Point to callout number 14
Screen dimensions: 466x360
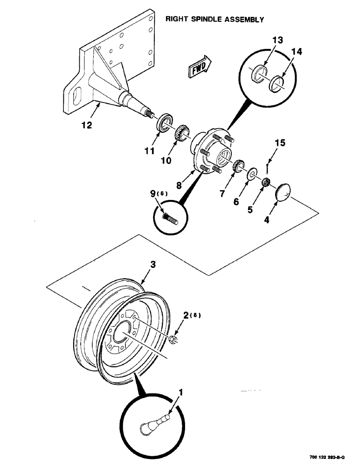click(x=297, y=53)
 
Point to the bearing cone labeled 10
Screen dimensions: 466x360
click(x=180, y=133)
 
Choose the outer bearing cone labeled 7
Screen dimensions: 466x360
click(x=238, y=165)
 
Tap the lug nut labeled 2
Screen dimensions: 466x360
click(x=172, y=339)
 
